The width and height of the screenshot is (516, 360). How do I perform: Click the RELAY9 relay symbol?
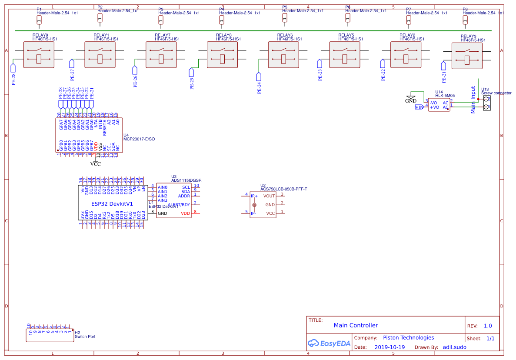pyautogui.click(x=39, y=55)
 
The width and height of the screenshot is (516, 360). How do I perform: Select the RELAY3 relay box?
pyautogui.click(x=467, y=56)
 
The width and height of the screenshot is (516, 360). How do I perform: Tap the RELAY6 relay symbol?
pyautogui.click(x=283, y=55)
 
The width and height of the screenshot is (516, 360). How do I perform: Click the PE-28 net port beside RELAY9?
pyautogui.click(x=13, y=67)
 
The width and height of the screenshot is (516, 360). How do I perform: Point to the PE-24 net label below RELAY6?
pyautogui.click(x=259, y=87)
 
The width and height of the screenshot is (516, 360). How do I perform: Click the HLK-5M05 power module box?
pyautogui.click(x=439, y=105)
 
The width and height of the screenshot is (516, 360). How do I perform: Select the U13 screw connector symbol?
pyautogui.click(x=487, y=103)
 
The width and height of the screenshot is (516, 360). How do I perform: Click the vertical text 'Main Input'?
pyautogui.click(x=473, y=100)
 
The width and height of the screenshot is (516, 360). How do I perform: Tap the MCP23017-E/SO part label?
pyautogui.click(x=139, y=139)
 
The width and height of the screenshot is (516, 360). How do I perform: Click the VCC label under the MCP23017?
pyautogui.click(x=95, y=164)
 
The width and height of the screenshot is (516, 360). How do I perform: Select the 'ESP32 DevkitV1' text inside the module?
pyautogui.click(x=112, y=203)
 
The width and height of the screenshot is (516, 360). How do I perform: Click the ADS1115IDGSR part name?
pyautogui.click(x=186, y=180)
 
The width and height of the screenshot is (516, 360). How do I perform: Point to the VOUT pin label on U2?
pyautogui.click(x=269, y=196)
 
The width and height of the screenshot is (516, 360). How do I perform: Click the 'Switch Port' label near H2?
pyautogui.click(x=85, y=337)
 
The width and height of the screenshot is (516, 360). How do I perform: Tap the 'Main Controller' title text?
pyautogui.click(x=356, y=325)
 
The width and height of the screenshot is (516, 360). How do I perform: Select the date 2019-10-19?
pyautogui.click(x=389, y=347)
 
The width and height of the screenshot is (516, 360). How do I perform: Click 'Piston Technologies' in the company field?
pyautogui.click(x=408, y=337)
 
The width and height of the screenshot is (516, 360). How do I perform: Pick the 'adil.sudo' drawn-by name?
pyautogui.click(x=454, y=347)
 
